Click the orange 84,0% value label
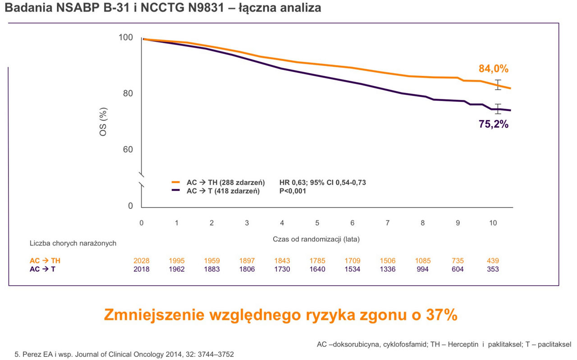493,69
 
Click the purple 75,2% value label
493,125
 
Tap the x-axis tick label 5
317,223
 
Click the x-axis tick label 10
493,223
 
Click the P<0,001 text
293,191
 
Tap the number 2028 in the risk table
142,261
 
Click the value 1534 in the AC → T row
352,269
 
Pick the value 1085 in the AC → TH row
422,261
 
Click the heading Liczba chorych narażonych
73,243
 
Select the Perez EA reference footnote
124,355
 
